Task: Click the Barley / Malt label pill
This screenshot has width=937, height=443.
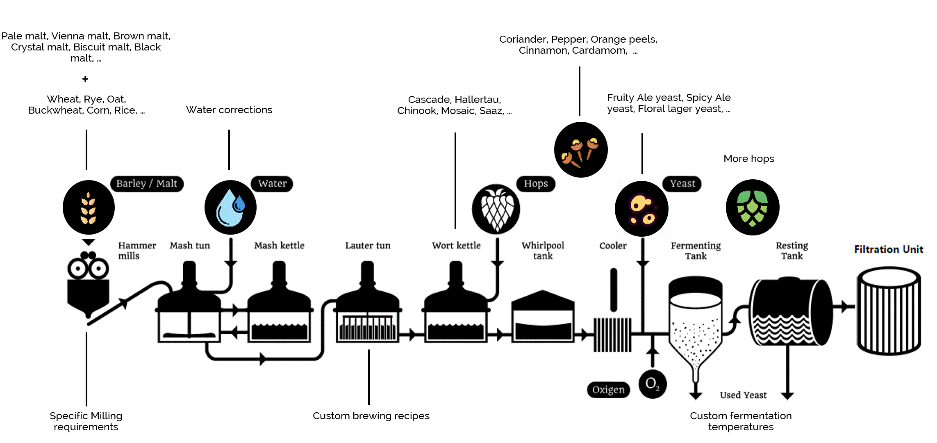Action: coord(147,183)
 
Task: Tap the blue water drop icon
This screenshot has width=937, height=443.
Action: coord(230,208)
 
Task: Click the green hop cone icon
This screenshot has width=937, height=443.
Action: coord(753,208)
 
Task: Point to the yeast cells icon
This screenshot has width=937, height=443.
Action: coord(641,209)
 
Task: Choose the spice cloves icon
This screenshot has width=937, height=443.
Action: coord(581,150)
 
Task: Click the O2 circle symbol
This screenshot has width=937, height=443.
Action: coord(653,384)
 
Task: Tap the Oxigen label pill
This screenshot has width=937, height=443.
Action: coord(608,389)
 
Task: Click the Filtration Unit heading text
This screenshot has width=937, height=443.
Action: coord(889,249)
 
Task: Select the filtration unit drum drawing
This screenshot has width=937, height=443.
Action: coord(889,311)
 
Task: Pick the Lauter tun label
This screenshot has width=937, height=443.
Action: coord(368,246)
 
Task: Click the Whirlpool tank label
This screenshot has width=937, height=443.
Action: coord(543,251)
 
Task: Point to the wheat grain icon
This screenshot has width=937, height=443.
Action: coord(89,208)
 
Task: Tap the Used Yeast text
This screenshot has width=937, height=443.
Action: coord(743,395)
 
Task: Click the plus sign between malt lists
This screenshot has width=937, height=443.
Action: coord(85,79)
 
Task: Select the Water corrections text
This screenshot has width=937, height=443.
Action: coord(229,110)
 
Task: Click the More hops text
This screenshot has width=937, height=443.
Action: coord(749,159)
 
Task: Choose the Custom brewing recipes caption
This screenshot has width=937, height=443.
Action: coord(371,416)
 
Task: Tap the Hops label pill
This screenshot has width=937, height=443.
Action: coord(536,183)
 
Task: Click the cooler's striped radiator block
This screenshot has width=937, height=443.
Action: coord(612,335)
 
